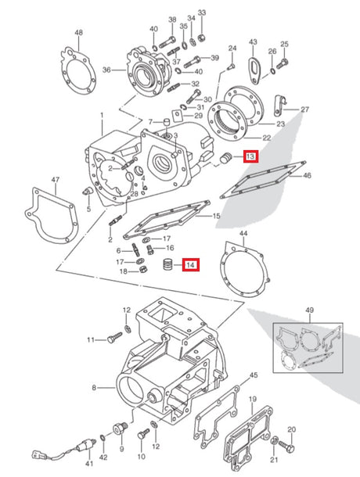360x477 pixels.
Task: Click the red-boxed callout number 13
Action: [x=250, y=157]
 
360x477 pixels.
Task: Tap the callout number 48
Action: [x=78, y=32]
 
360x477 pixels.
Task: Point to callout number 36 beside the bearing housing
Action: [x=108, y=69]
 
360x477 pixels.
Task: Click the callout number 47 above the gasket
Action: [x=55, y=181]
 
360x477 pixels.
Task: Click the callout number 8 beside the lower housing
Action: [x=94, y=387]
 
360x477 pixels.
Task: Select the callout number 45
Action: [x=253, y=375]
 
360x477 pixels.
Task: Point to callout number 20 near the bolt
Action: [x=291, y=429]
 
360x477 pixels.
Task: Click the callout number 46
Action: [x=307, y=176]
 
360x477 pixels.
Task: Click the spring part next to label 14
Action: [x=167, y=266]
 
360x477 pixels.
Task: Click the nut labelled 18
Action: [x=145, y=271]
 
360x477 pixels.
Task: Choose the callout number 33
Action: [x=201, y=13]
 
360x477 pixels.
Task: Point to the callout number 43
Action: [x=253, y=41]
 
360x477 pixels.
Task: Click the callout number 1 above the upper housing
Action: [x=102, y=116]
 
